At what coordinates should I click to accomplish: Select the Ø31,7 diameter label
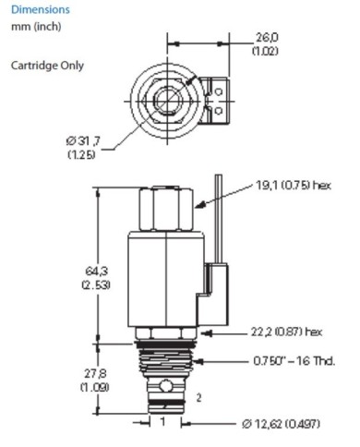84,140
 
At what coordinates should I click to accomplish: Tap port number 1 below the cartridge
162,421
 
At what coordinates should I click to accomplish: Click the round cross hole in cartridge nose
167,383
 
